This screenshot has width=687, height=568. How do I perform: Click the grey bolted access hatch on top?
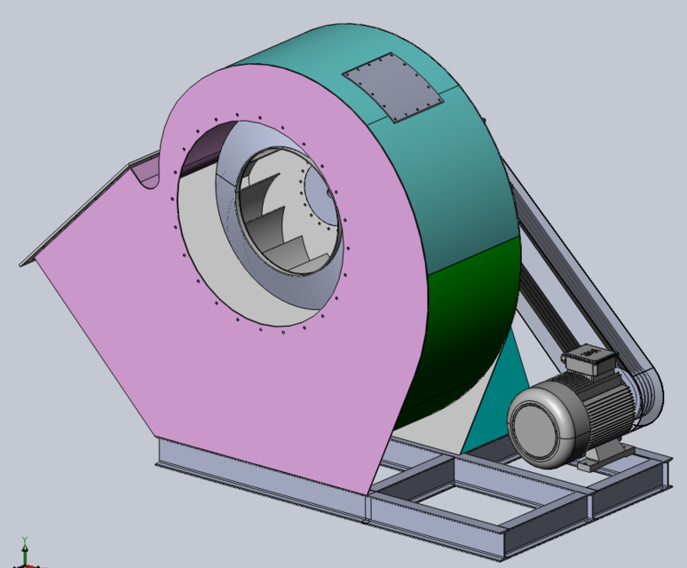click(393, 86)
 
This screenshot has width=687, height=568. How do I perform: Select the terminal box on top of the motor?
click(587, 360)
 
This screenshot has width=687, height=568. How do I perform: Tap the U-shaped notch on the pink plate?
click(146, 173)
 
